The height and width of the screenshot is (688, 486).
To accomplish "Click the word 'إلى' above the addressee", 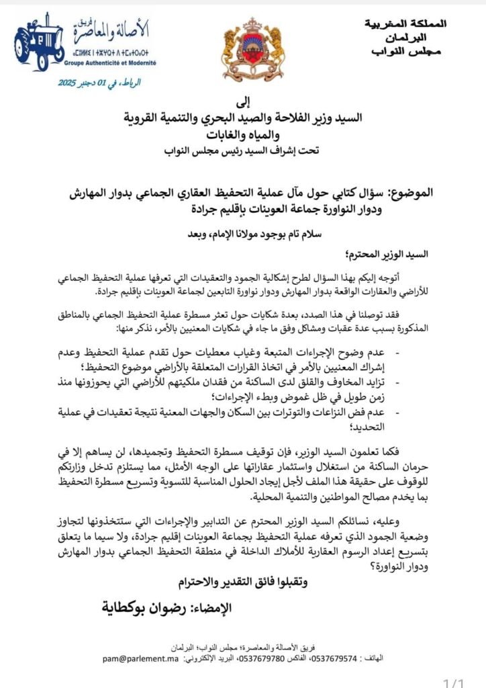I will click(x=244, y=101).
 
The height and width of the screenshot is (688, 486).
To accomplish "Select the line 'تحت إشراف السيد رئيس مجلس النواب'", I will click(x=243, y=150).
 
